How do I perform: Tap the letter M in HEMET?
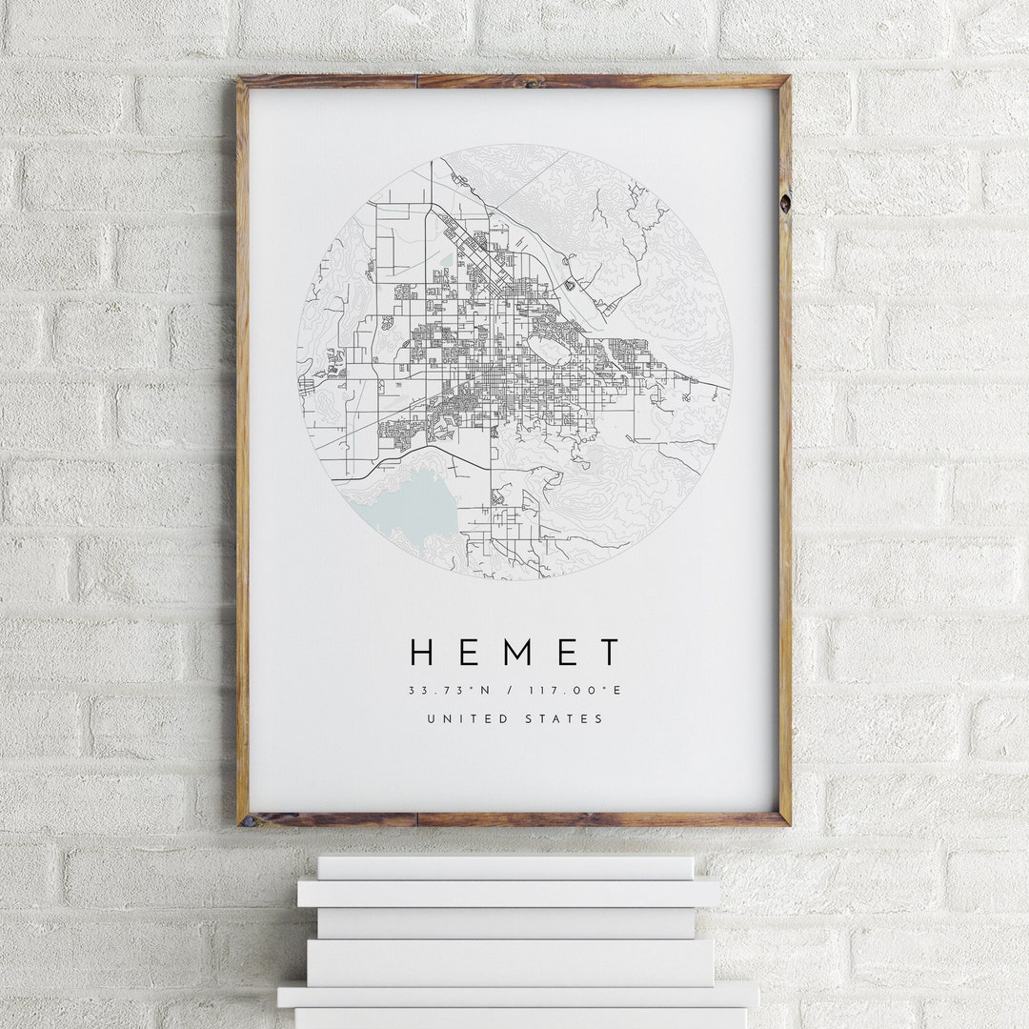(515, 653)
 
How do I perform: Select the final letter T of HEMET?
(609, 653)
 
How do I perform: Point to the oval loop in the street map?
(550, 351)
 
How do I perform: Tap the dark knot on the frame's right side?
(784, 203)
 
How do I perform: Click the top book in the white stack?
(505, 867)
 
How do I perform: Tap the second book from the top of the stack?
(508, 893)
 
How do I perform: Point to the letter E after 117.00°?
(617, 691)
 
